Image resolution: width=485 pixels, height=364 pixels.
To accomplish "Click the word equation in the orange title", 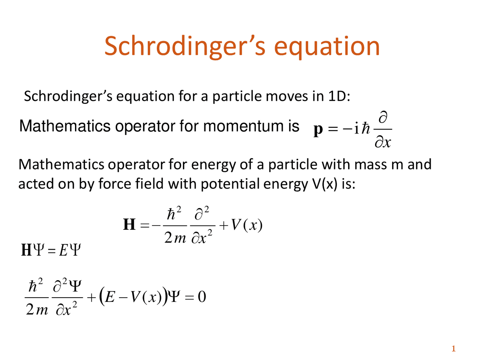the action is [327, 47].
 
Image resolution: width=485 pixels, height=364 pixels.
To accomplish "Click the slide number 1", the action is [454, 348].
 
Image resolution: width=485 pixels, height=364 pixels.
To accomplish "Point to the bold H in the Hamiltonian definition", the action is [129, 224].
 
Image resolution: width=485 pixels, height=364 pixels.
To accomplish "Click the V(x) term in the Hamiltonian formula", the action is [247, 226].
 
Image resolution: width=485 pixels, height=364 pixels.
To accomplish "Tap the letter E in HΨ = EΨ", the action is [63, 250].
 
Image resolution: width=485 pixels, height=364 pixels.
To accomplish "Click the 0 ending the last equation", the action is [202, 297].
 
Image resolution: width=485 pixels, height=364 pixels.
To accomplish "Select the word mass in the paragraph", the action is [371, 165].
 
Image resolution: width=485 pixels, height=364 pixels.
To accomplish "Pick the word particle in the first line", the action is [237, 97].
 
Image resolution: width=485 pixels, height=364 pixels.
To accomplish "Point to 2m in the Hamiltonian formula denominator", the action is [175, 238].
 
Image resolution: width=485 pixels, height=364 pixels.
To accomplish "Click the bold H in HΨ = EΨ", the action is [26, 250].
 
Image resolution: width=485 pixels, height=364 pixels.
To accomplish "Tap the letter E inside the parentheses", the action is [110, 297].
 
